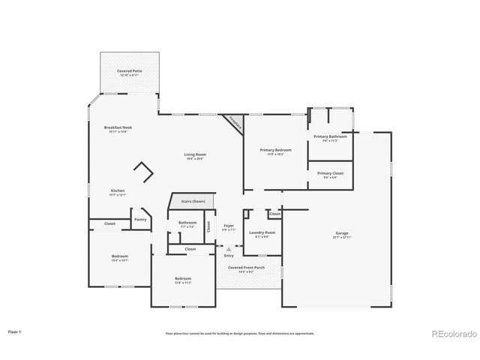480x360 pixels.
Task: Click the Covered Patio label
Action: click(x=129, y=71)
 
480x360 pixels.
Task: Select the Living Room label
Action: click(x=195, y=155)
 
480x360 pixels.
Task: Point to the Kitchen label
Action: click(x=118, y=191)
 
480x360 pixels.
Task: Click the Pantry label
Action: click(x=140, y=220)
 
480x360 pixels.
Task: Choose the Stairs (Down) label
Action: click(x=193, y=202)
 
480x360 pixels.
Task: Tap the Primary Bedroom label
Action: click(x=275, y=151)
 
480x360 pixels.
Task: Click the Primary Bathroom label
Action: click(x=330, y=137)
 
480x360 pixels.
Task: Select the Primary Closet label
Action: click(x=330, y=174)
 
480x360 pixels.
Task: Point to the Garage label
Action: click(x=342, y=233)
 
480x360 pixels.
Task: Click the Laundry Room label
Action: click(x=262, y=233)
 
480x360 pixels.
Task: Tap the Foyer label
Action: click(x=229, y=226)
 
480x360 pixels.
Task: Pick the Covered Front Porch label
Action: click(x=247, y=268)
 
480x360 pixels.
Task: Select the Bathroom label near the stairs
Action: click(x=187, y=223)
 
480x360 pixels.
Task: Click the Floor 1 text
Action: click(x=15, y=331)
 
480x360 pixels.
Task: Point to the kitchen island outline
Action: click(x=144, y=173)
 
